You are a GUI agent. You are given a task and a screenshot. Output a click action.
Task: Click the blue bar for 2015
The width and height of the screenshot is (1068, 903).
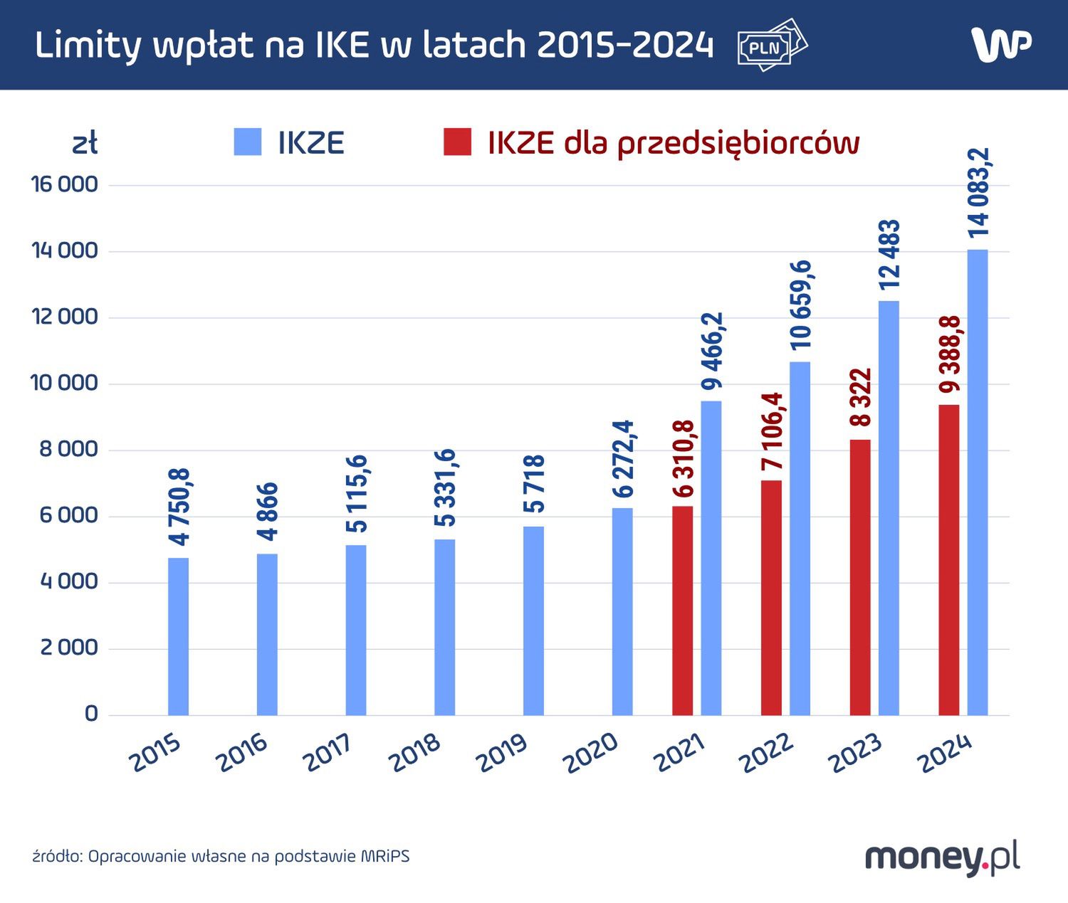(179, 636)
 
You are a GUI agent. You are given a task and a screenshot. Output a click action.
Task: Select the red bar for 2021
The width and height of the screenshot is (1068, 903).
(682, 611)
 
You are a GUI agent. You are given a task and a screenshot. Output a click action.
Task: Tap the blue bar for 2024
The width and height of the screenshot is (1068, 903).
(978, 482)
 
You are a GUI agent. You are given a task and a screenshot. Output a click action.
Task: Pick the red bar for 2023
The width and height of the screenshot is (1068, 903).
(860, 577)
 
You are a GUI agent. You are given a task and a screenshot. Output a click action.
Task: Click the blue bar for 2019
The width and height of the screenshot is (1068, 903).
(533, 621)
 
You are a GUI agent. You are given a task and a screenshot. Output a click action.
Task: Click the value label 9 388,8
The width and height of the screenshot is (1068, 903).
(950, 354)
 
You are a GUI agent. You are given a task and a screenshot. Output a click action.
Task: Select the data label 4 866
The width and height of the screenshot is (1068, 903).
(268, 512)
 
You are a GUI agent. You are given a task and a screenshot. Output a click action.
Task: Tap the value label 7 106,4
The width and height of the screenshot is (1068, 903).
(772, 431)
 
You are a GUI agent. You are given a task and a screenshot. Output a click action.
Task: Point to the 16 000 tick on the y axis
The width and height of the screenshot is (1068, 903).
(64, 184)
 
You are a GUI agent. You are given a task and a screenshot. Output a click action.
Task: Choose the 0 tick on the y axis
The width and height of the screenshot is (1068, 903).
(91, 714)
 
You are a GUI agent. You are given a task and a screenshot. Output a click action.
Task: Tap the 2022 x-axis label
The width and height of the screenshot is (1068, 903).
(767, 753)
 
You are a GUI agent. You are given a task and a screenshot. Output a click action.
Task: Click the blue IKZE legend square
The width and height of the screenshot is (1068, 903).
(248, 142)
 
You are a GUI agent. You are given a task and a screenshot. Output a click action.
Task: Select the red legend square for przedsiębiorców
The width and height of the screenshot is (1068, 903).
(457, 142)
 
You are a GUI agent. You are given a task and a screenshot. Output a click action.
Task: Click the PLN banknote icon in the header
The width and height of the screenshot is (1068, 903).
(772, 46)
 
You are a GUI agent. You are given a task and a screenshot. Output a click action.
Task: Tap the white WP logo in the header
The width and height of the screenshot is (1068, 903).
(1001, 45)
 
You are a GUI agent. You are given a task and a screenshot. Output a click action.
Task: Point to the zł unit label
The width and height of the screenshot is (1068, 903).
(85, 144)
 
